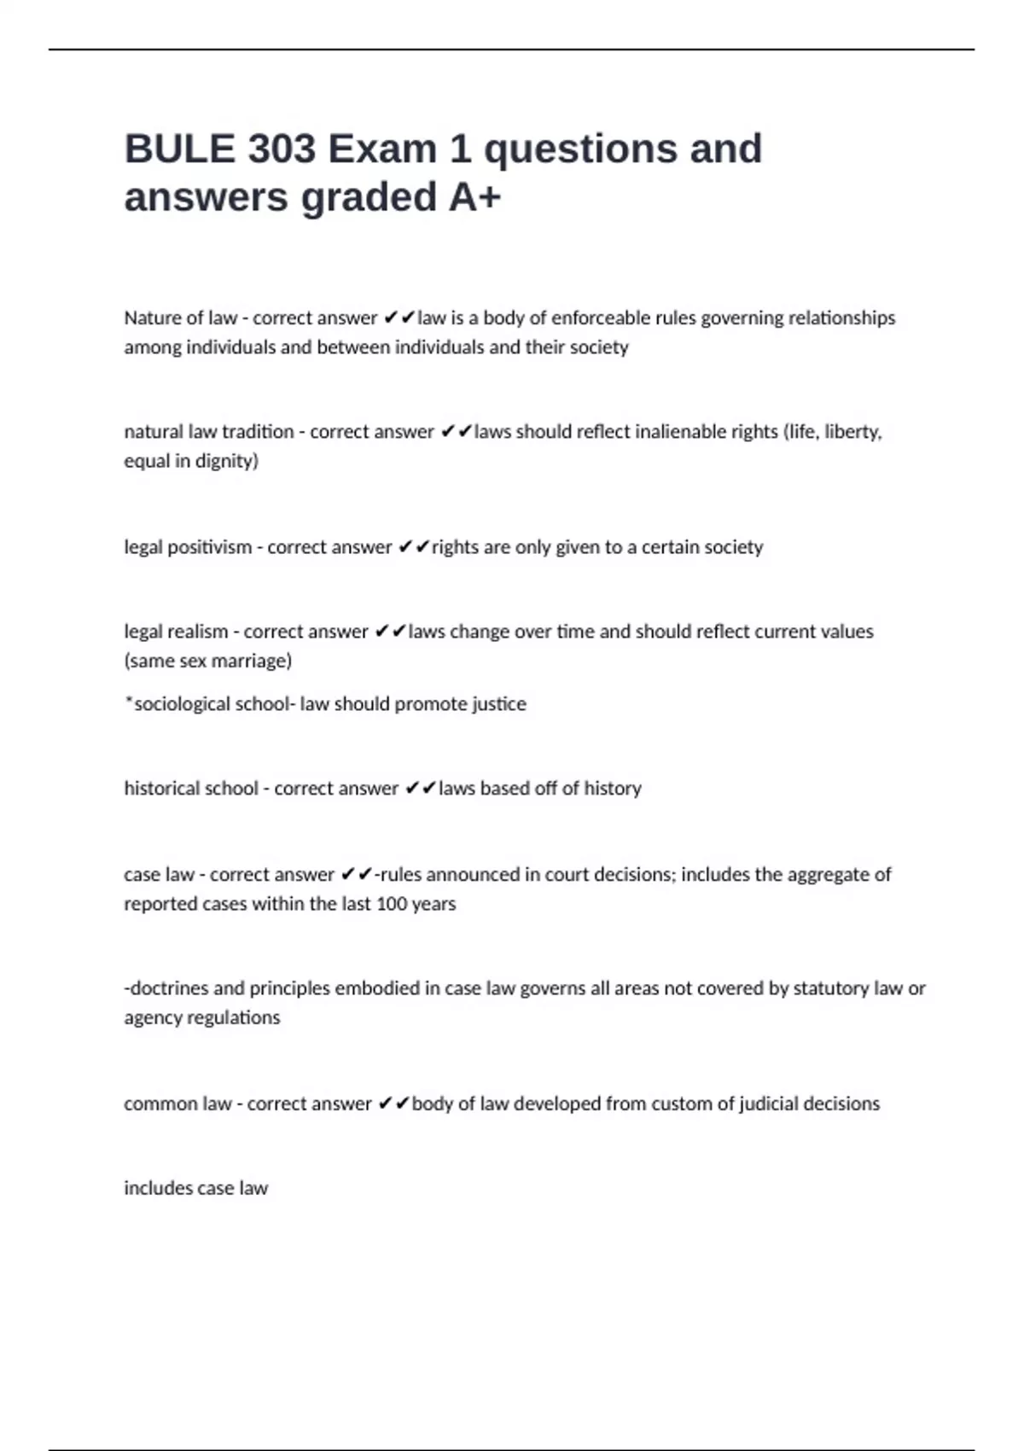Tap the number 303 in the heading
[x=282, y=149]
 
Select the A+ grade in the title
[x=474, y=197]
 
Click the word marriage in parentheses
[x=253, y=661]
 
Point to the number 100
[x=391, y=904]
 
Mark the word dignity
[x=226, y=461]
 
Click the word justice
[x=497, y=704]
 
